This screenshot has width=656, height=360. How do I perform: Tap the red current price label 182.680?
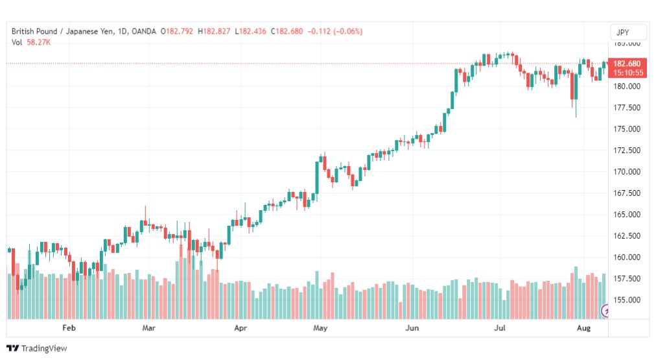[627, 64]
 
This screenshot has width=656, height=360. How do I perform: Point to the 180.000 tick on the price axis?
[627, 86]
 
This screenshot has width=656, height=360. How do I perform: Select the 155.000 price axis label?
[627, 300]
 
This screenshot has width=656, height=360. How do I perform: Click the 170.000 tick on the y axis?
[627, 172]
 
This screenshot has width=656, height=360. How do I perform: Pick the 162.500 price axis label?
[627, 235]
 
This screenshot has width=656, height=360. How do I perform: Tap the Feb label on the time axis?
[69, 328]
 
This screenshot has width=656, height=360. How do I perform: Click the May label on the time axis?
[320, 328]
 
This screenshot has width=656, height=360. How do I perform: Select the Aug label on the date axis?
[583, 328]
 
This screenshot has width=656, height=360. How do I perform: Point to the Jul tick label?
[500, 328]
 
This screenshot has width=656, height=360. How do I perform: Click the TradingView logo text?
[44, 348]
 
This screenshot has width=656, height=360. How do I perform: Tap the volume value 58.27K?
[38, 42]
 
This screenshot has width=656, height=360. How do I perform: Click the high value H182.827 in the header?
[214, 31]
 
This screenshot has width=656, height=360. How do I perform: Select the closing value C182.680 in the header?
[287, 31]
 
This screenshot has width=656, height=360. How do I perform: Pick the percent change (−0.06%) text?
[347, 31]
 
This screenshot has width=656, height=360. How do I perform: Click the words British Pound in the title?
[34, 31]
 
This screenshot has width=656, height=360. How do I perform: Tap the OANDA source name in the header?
[143, 31]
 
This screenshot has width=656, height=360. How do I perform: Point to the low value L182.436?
[250, 31]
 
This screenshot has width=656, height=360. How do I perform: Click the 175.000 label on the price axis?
[627, 129]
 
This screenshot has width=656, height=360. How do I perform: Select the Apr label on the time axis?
[240, 328]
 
